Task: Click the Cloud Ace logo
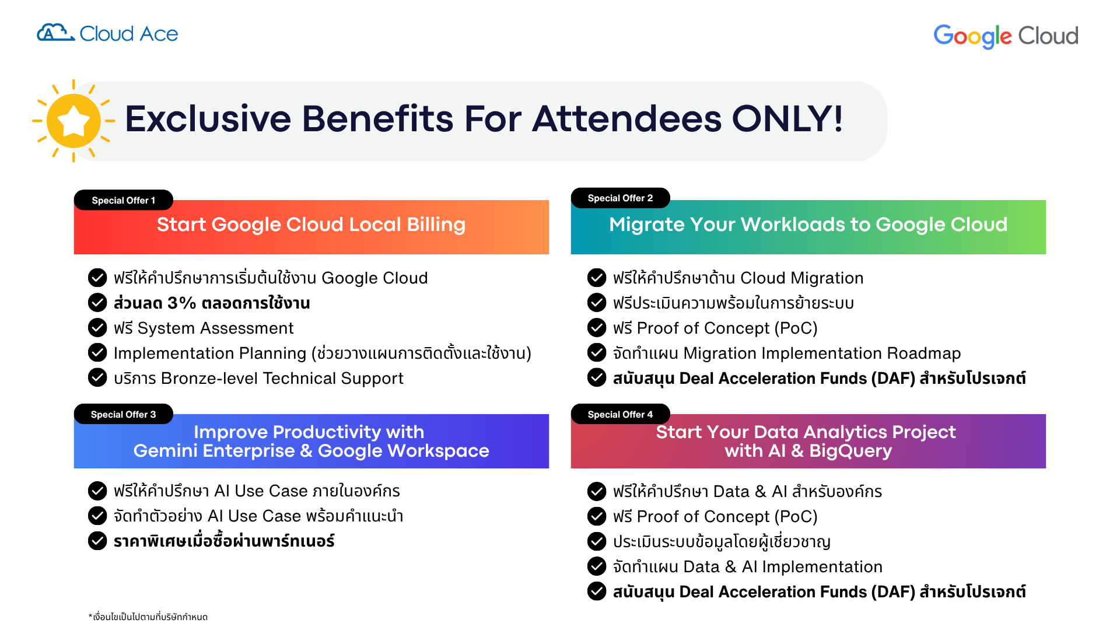point(107,33)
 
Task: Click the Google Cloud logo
point(1006,36)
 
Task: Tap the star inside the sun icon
point(73,121)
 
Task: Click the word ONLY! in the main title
point(787,118)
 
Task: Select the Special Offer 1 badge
point(124,200)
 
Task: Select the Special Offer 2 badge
point(620,198)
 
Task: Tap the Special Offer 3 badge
point(124,414)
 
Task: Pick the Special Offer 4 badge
point(620,414)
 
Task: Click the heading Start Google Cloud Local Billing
point(311,225)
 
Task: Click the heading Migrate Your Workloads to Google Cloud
point(808,225)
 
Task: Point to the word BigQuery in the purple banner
point(850,451)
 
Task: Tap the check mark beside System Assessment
point(97,328)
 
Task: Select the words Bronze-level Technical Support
point(282,379)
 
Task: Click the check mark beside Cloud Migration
point(597,278)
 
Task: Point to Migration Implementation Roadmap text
point(822,353)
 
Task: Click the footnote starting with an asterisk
point(148,617)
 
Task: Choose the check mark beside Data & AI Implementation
point(597,566)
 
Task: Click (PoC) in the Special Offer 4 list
point(796,517)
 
